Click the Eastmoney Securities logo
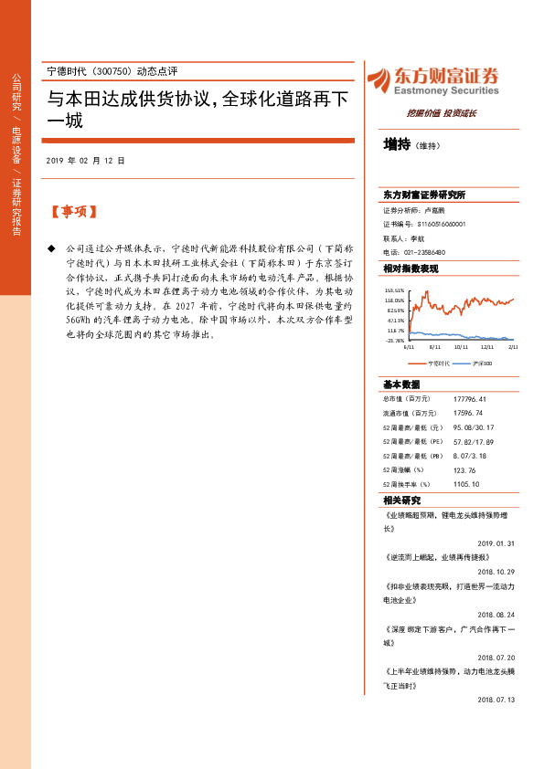click(x=432, y=80)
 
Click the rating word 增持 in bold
click(x=397, y=144)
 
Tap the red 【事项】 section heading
click(x=73, y=212)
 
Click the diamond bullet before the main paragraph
click(x=51, y=248)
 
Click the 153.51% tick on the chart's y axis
click(x=394, y=290)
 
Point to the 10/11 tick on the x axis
click(x=461, y=347)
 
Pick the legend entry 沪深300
click(x=482, y=363)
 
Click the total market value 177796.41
click(x=469, y=399)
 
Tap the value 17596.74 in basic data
click(x=467, y=413)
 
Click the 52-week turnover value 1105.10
click(x=465, y=483)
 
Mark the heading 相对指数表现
click(x=411, y=269)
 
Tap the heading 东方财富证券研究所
click(x=425, y=195)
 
